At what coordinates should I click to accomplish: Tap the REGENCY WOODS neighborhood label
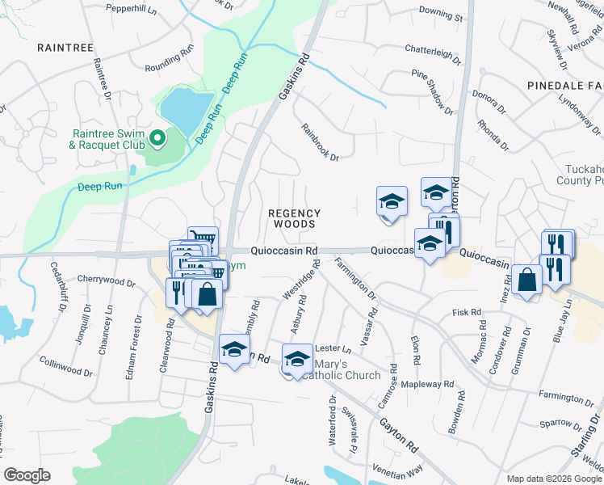click(x=294, y=218)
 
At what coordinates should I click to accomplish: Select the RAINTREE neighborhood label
click(x=60, y=48)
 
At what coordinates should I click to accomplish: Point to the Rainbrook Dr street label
click(x=320, y=141)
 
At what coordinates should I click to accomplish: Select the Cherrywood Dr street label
click(x=106, y=280)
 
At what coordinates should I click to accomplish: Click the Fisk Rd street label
click(x=467, y=312)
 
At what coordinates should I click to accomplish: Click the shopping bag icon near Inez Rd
click(x=526, y=280)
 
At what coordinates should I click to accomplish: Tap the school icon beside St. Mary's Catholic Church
click(x=297, y=358)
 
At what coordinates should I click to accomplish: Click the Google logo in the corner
click(x=27, y=475)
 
